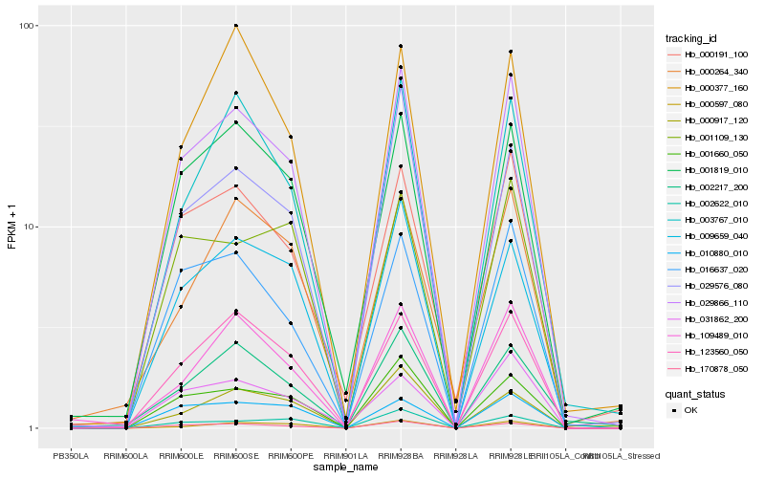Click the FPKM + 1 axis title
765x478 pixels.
(12, 227)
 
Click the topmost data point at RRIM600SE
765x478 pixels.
(236, 26)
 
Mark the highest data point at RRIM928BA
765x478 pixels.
(401, 46)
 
